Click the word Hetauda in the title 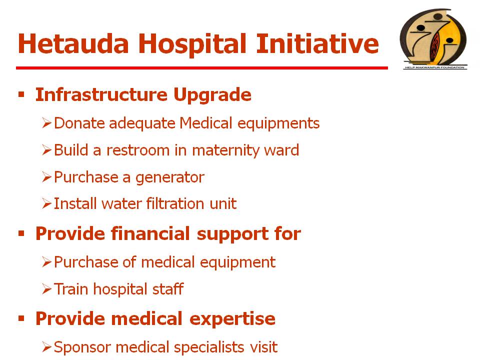tap(73, 43)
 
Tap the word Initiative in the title tap(318, 43)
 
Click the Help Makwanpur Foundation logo tap(434, 39)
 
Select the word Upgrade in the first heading tap(212, 95)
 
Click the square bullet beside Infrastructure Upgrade tap(21, 94)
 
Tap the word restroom tap(138, 150)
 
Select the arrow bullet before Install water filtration tap(47, 203)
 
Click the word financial tap(150, 233)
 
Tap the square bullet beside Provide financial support tap(21, 233)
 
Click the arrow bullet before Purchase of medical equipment tap(47, 262)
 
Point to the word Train tap(71, 289)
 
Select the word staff tap(168, 289)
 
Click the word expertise tap(232, 319)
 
